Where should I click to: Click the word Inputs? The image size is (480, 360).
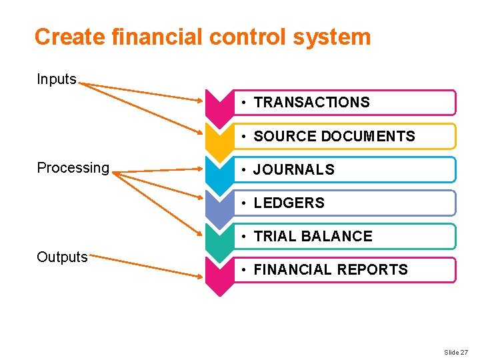click(57, 79)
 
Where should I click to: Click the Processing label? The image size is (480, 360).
click(73, 168)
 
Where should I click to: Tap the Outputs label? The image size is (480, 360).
click(62, 257)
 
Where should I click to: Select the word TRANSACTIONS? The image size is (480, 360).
click(311, 103)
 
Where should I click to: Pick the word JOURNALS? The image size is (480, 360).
click(294, 170)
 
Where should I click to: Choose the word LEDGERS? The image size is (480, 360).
click(289, 203)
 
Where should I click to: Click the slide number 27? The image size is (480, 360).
click(456, 352)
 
